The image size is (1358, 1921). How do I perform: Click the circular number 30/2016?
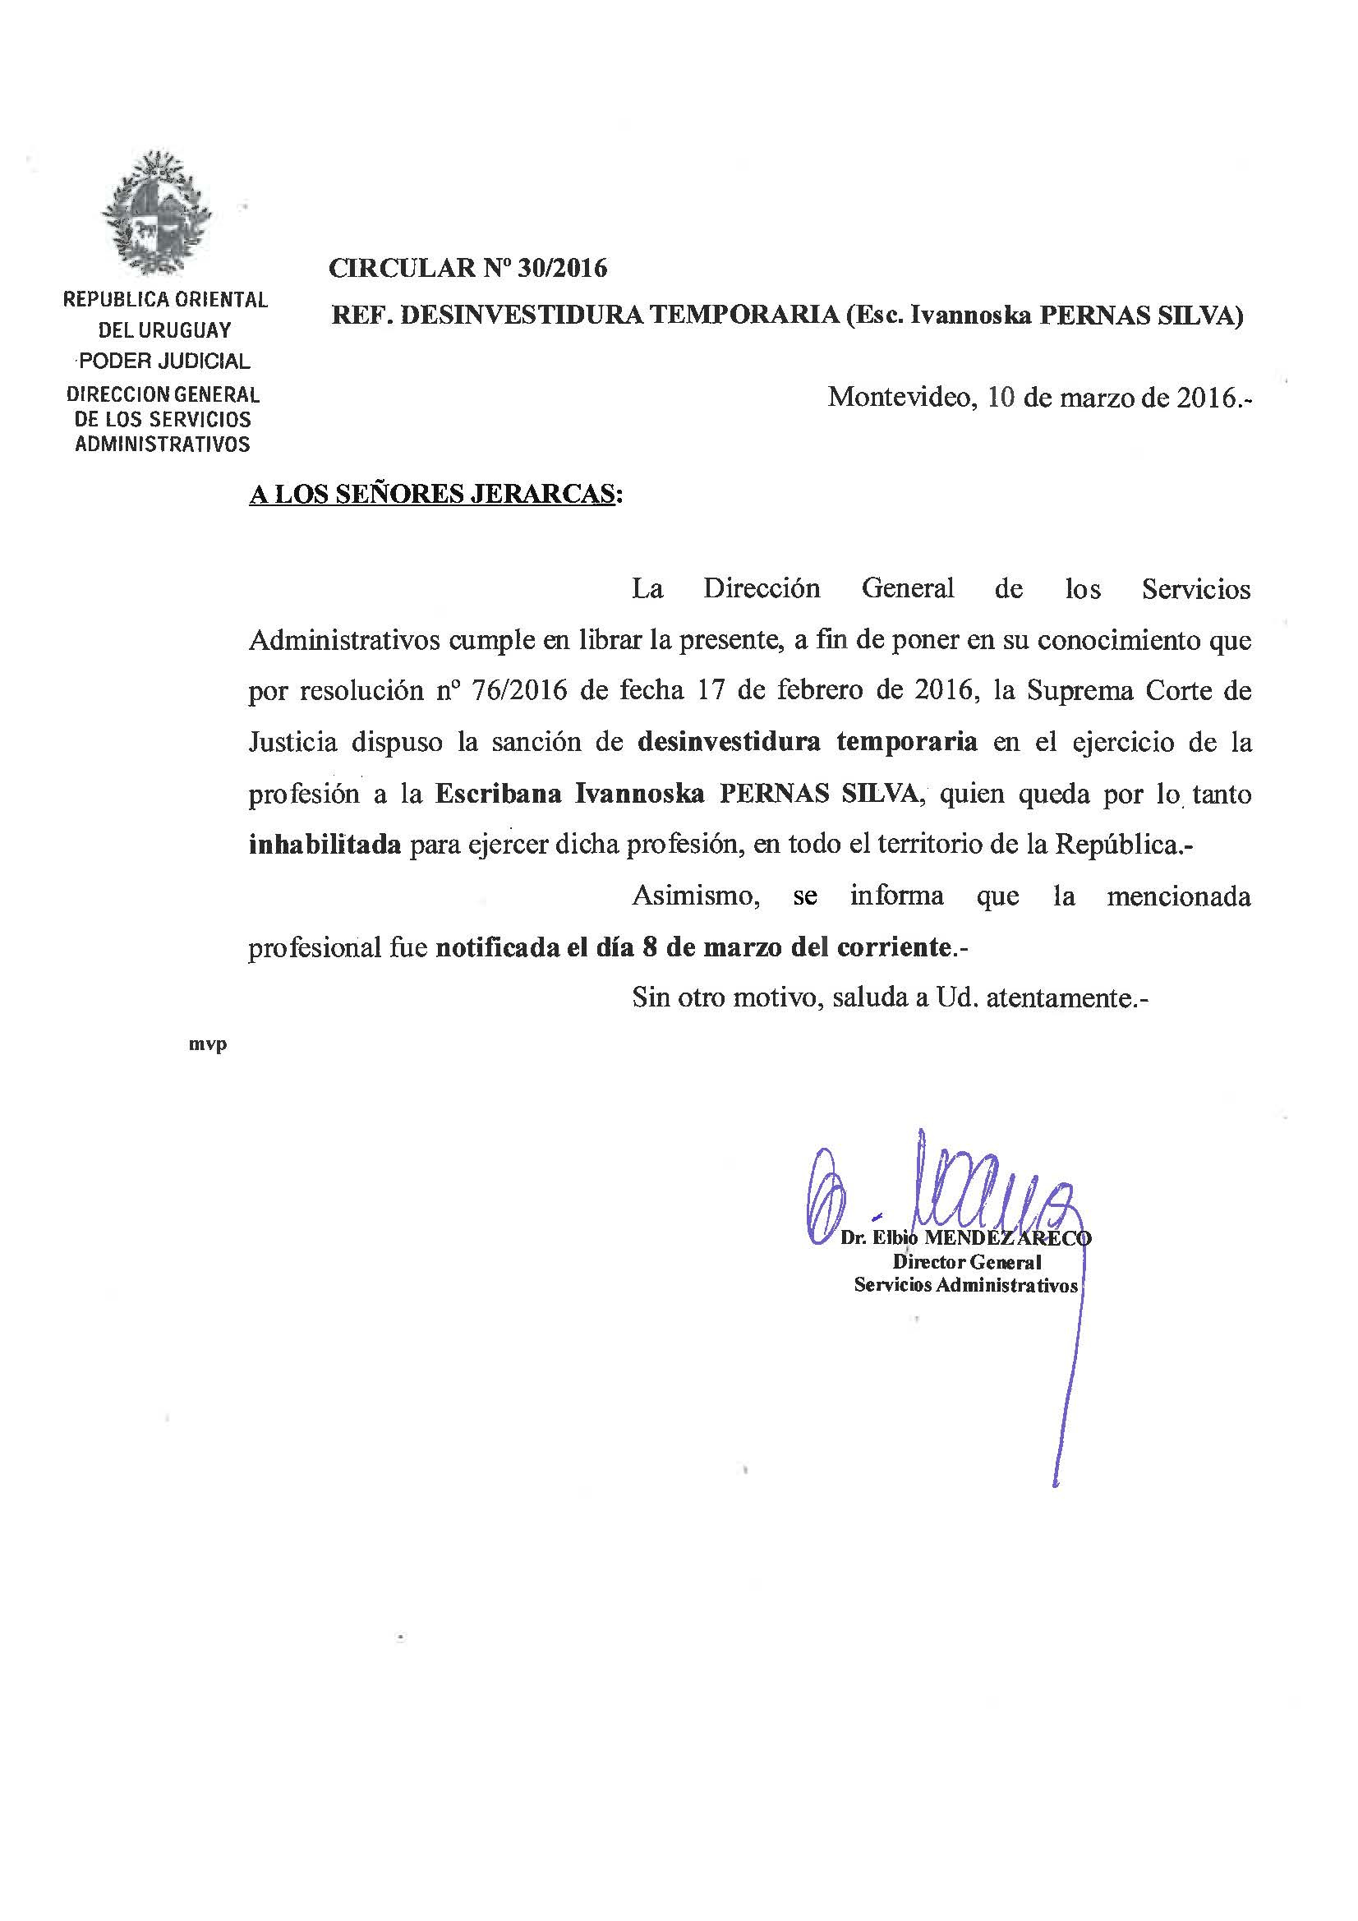[x=562, y=268]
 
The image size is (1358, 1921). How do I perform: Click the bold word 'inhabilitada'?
[x=325, y=844]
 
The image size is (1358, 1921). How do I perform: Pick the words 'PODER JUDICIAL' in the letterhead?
[x=164, y=361]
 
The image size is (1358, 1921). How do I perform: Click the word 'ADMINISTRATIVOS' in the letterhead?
[x=163, y=445]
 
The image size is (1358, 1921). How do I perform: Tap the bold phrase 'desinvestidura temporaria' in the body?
[x=808, y=741]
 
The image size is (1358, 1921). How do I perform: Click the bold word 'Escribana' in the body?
[x=498, y=793]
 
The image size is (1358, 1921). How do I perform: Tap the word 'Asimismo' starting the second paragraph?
[x=695, y=896]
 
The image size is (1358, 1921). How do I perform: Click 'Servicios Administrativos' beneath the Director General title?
[x=966, y=1285]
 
